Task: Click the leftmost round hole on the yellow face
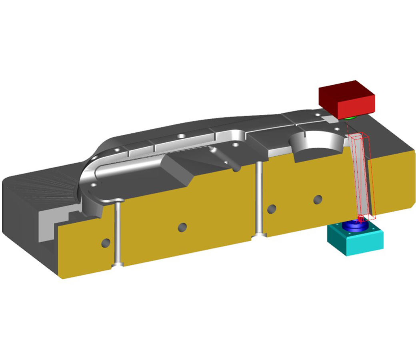[106, 242]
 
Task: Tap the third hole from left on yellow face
[272, 208]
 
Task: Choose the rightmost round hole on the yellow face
[318, 199]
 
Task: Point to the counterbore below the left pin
[118, 264]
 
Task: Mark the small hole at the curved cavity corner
[93, 185]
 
